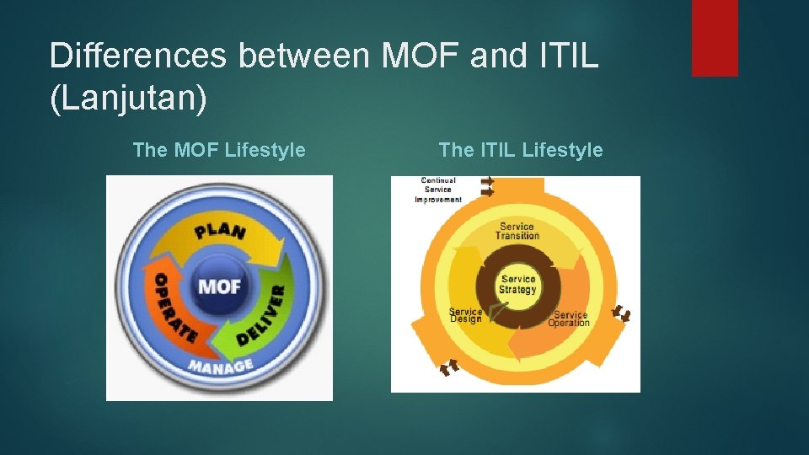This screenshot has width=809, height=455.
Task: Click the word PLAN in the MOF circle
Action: tap(221, 230)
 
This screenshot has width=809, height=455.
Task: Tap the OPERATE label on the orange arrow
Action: tap(174, 308)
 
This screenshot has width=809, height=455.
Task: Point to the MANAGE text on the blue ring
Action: tap(221, 367)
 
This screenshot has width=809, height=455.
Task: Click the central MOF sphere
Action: tap(219, 286)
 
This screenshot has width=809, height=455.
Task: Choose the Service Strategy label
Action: tap(517, 285)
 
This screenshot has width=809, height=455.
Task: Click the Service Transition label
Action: tap(517, 231)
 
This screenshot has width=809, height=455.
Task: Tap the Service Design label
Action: tap(466, 315)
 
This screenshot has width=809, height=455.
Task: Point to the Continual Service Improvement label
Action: tap(438, 190)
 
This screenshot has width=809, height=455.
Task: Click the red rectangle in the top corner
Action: tap(715, 38)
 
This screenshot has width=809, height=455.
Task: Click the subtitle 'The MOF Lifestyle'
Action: tap(219, 150)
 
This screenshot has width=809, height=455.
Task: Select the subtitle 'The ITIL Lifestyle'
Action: tap(521, 150)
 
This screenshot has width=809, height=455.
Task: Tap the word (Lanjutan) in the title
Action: tap(128, 98)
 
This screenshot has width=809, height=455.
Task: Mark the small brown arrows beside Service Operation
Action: tap(621, 313)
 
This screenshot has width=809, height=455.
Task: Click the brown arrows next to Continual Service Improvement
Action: tap(487, 186)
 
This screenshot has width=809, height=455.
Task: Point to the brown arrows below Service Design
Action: tap(450, 366)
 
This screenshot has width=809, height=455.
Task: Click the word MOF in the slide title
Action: tap(415, 56)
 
